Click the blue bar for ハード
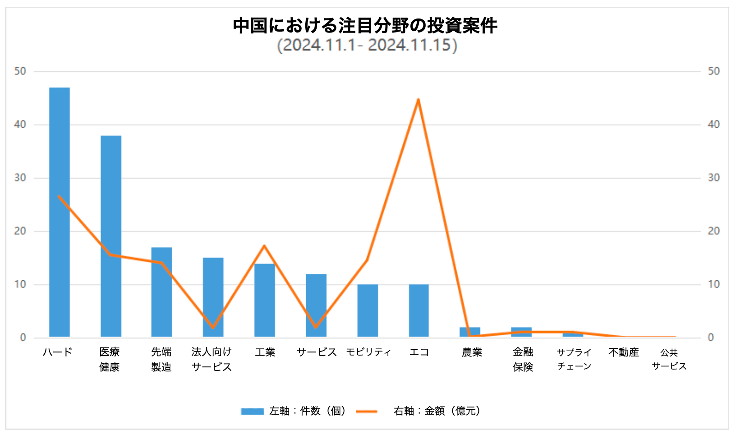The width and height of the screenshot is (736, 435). coord(60,212)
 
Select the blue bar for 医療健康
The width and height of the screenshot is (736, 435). coord(111,236)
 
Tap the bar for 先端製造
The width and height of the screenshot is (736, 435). coord(161,292)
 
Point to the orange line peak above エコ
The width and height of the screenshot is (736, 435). coord(419,100)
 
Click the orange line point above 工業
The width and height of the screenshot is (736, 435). coord(265,246)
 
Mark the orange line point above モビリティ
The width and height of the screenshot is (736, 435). coord(367,260)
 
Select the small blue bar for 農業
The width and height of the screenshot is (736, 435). coord(470,332)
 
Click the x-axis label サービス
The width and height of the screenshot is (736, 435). coord(317,352)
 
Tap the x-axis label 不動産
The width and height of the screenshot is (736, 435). coord(624,352)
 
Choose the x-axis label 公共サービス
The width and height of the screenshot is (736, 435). coord(669,359)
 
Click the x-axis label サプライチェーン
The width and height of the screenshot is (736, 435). coord(574,359)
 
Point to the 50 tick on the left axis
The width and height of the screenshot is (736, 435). coord(20,71)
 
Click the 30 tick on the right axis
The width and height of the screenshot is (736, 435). coord(713,178)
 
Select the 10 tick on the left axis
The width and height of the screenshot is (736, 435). coord(20,284)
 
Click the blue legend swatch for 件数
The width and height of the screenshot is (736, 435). coord(252,411)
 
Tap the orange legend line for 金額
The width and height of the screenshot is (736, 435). coord(367,411)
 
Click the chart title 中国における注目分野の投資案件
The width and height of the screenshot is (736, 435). coord(365,26)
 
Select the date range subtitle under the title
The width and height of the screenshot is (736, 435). coord(367,45)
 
